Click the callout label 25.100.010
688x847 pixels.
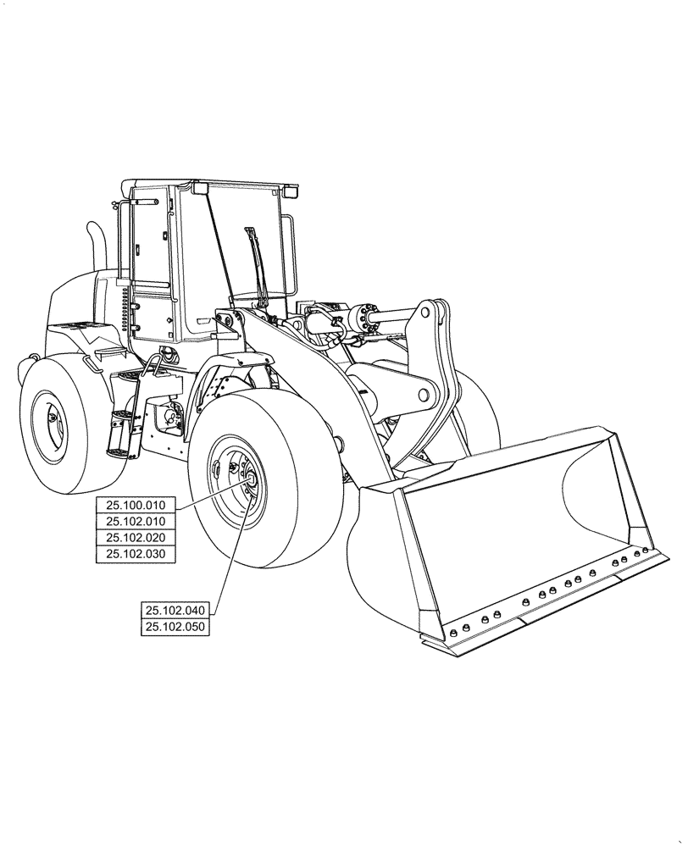(x=136, y=506)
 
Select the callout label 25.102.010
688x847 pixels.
(x=136, y=522)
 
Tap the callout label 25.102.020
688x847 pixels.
(x=136, y=538)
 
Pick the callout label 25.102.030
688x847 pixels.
(x=136, y=554)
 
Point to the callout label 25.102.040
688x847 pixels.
(x=175, y=611)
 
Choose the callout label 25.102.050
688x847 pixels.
(x=175, y=627)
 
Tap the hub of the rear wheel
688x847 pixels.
(x=50, y=418)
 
